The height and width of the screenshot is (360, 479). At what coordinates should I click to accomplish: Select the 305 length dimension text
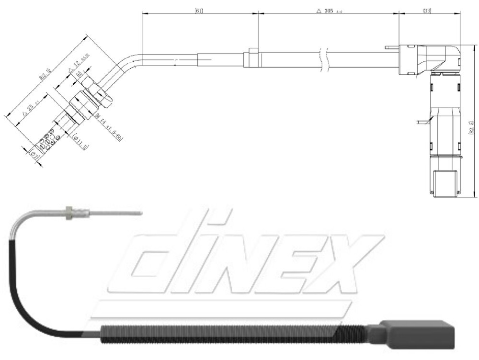pos(331,10)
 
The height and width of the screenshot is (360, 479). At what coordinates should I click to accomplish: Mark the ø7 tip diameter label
pos(34,155)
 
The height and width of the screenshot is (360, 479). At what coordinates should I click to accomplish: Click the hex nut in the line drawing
pos(98,94)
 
